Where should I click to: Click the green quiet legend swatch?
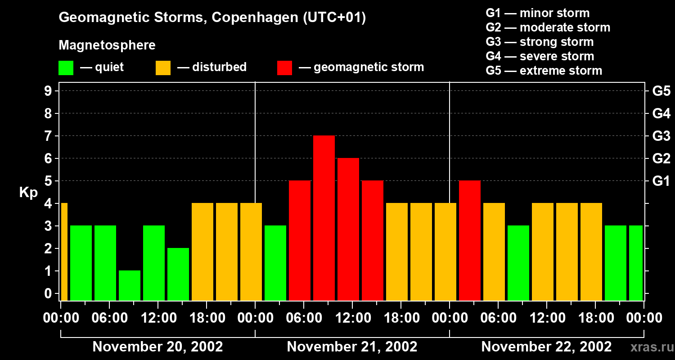click(66, 68)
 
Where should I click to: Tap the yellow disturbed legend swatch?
click(163, 68)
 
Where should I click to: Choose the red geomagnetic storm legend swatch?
click(284, 68)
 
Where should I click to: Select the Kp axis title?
click(28, 193)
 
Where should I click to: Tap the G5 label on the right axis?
click(661, 91)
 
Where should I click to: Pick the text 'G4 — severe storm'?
click(540, 56)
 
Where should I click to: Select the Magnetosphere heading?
click(107, 45)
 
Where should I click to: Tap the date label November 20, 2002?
click(157, 346)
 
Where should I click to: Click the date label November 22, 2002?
click(546, 346)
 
